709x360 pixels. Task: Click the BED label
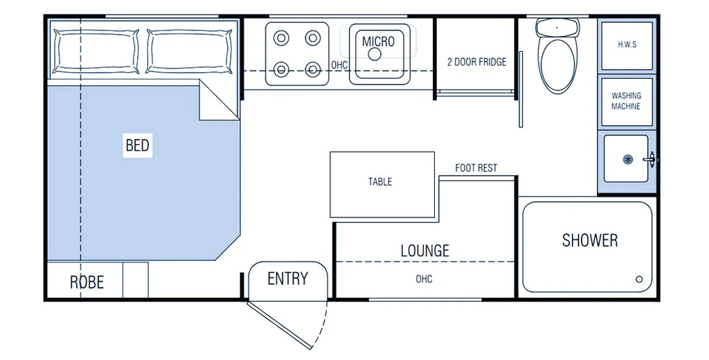(138, 145)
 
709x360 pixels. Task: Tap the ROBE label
(87, 282)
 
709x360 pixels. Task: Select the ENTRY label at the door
(287, 278)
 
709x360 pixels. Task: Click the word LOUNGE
(424, 250)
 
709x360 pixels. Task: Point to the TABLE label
(380, 182)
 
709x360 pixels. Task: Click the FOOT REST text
(476, 168)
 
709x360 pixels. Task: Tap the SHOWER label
(590, 240)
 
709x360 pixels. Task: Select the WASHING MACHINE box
(627, 102)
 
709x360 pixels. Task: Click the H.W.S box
(627, 46)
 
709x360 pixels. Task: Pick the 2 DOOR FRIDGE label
(476, 62)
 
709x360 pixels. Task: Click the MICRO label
(378, 42)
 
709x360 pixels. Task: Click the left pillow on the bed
(96, 51)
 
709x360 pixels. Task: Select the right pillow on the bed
(189, 51)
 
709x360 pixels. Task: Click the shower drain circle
(639, 279)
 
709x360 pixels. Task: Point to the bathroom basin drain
(627, 159)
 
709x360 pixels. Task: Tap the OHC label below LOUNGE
(424, 279)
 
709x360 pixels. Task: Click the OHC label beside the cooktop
(339, 65)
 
